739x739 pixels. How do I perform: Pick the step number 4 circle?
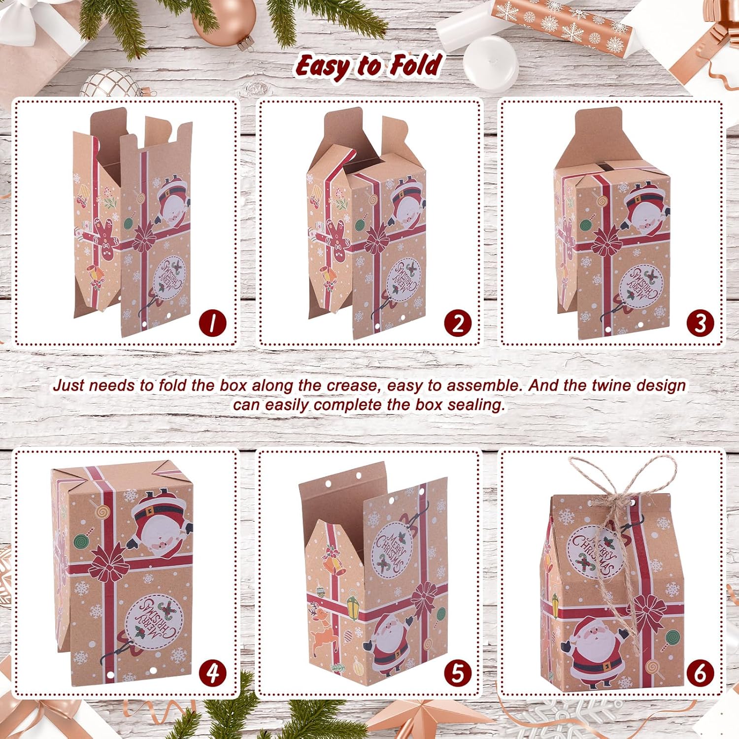[212, 673]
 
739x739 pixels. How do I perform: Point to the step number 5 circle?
[458, 673]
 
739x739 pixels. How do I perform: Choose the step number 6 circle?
[700, 673]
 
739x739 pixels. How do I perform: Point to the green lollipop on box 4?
[79, 542]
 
